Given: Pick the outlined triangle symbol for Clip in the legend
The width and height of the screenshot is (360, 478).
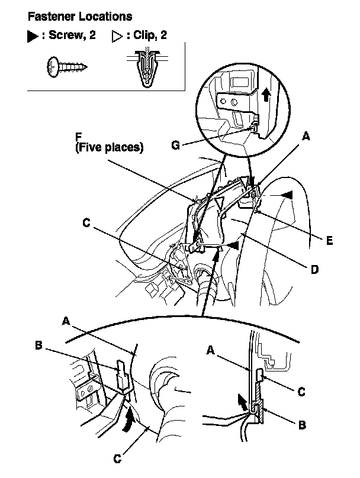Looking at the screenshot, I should coord(116,35).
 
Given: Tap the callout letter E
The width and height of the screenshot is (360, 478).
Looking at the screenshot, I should coord(329,240).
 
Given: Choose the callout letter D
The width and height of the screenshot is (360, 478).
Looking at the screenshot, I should coord(315,269).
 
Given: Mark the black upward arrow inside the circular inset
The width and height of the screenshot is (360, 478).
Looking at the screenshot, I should coord(266,93).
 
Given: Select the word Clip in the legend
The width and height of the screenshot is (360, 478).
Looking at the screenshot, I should coord(143,35).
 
